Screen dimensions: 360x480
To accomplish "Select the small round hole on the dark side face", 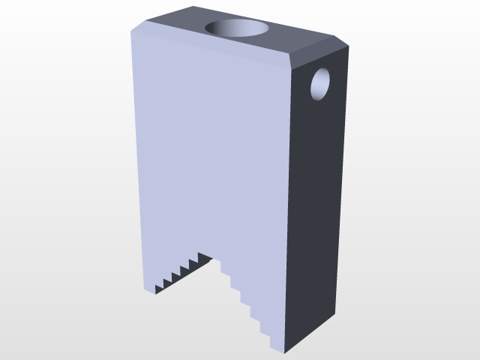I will (x=322, y=83).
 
